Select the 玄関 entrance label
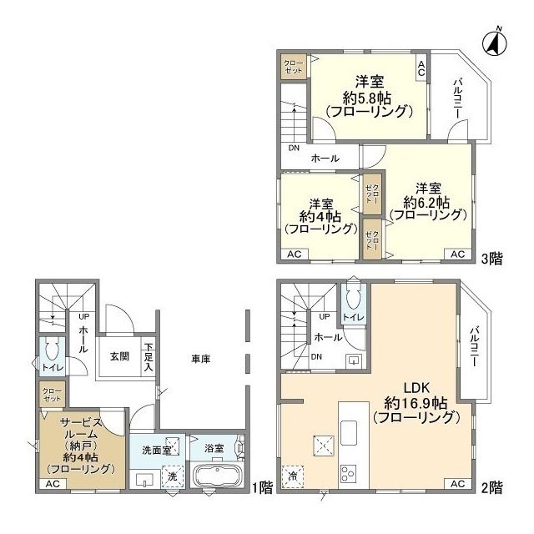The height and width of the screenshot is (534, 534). coord(119,356)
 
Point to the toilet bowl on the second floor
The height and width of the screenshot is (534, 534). coord(351,297)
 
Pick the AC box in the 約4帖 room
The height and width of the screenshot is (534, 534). coord(295,254)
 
